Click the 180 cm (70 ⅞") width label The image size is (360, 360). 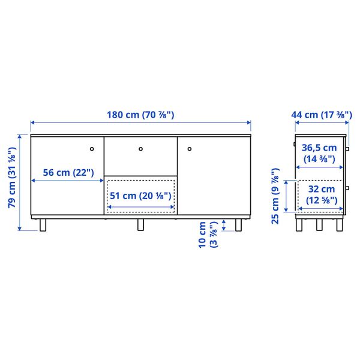point(141,115)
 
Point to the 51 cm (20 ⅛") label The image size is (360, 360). point(140,196)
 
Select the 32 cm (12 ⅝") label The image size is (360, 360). point(321,195)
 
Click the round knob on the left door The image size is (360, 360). point(92,148)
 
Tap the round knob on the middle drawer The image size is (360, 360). point(140,148)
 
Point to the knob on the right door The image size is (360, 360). point(188,148)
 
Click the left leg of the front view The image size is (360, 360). point(43,225)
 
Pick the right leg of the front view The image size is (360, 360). point(239,225)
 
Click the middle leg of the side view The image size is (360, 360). point(319,224)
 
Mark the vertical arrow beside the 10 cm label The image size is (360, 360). point(224,225)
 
